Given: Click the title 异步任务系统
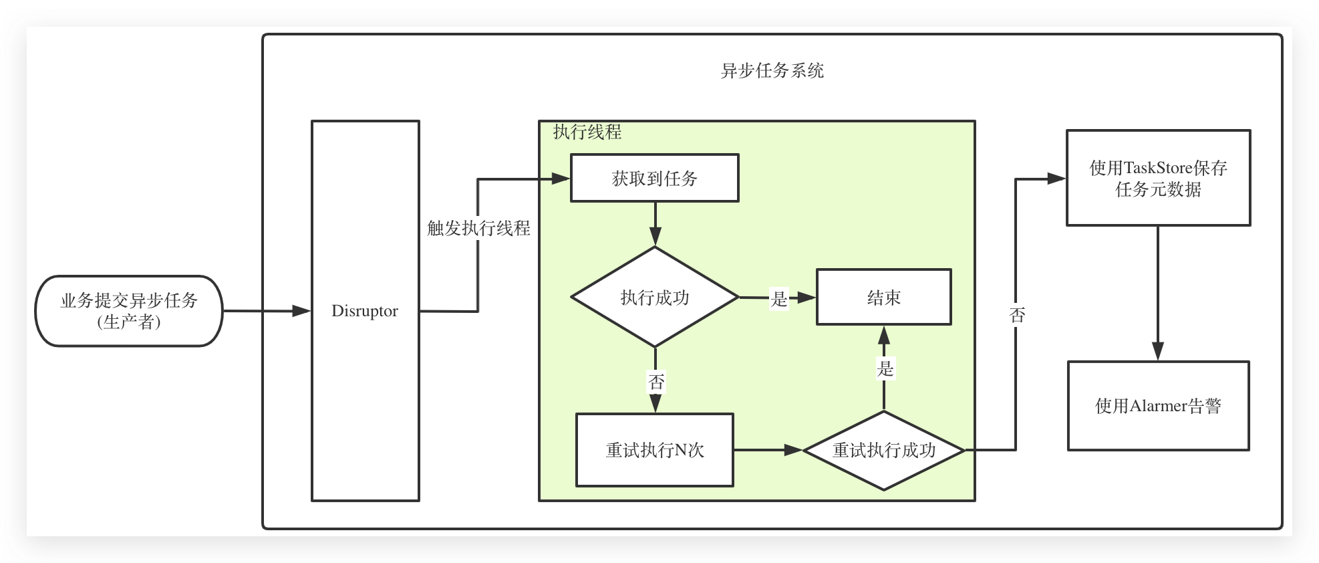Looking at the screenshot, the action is click(x=772, y=71).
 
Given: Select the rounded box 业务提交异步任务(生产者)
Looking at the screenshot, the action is click(x=129, y=311).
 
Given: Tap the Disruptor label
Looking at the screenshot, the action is click(x=365, y=311).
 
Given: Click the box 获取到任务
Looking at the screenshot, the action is click(x=655, y=178).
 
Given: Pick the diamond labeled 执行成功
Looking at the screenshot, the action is click(x=655, y=298).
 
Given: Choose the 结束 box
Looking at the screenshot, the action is click(x=884, y=297).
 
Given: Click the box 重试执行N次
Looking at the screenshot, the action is click(x=655, y=450).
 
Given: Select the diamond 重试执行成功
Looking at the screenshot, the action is click(x=884, y=450).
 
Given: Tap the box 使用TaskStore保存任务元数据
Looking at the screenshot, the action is click(x=1159, y=178).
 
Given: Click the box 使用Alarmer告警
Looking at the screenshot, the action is click(x=1159, y=406).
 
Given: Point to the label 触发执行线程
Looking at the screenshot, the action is click(x=478, y=229).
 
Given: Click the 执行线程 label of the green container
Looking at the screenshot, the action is click(x=587, y=132).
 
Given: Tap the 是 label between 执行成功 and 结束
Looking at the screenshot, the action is click(x=779, y=298).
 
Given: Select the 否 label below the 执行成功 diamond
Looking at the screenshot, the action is click(x=656, y=382).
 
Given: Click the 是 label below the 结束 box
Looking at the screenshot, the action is click(x=885, y=368).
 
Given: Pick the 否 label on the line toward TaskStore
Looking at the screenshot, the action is click(x=1017, y=315).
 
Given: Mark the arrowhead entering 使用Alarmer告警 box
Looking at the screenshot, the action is click(x=1158, y=352).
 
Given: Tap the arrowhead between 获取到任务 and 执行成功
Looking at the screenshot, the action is click(x=655, y=237).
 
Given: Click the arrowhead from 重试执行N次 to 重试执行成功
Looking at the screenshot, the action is click(x=793, y=450).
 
